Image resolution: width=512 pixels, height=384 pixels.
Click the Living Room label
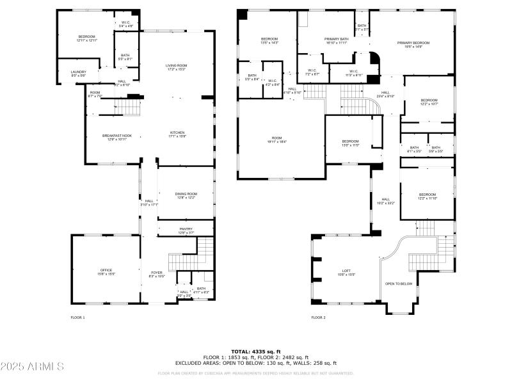click(176, 65)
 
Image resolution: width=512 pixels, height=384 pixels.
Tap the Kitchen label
click(177, 133)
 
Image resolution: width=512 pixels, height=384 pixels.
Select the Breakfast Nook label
click(116, 136)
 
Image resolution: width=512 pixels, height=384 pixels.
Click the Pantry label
click(186, 229)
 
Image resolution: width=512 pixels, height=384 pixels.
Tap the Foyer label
click(157, 273)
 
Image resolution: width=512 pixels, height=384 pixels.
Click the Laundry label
click(78, 72)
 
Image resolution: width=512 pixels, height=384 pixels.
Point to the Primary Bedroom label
click(413, 42)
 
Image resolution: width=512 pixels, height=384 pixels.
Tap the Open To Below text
click(399, 284)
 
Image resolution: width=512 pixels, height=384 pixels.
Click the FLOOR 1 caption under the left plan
click(77, 317)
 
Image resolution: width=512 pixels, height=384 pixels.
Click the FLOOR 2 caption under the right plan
click(318, 317)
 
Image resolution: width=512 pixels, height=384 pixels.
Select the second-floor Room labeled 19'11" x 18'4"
click(276, 139)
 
